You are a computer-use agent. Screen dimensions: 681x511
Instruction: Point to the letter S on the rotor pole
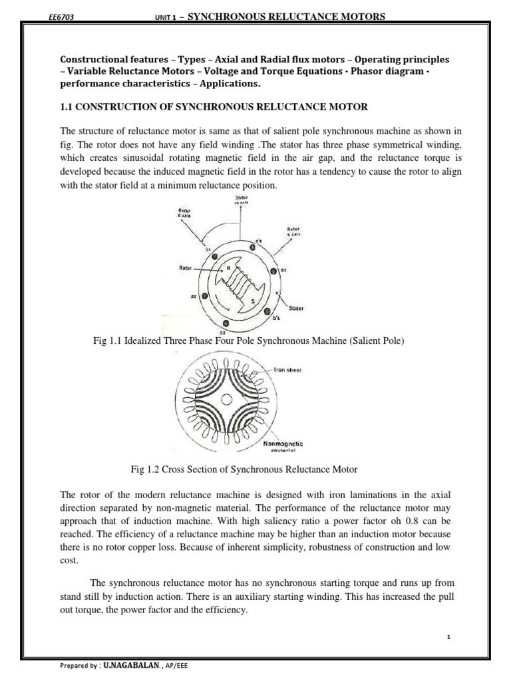[252, 302]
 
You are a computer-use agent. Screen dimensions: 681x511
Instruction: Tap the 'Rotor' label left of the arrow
[186, 269]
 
